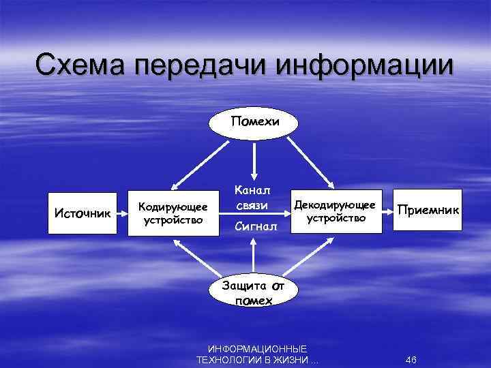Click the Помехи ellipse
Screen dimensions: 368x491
pyautogui.click(x=254, y=123)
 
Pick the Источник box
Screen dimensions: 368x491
pyautogui.click(x=82, y=213)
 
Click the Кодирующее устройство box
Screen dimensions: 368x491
pyautogui.click(x=173, y=212)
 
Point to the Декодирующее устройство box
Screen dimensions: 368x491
pyautogui.click(x=334, y=211)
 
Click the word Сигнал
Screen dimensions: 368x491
pyautogui.click(x=256, y=226)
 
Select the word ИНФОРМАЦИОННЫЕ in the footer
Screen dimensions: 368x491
pyautogui.click(x=257, y=348)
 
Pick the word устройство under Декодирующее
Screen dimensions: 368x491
pyautogui.click(x=336, y=219)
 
